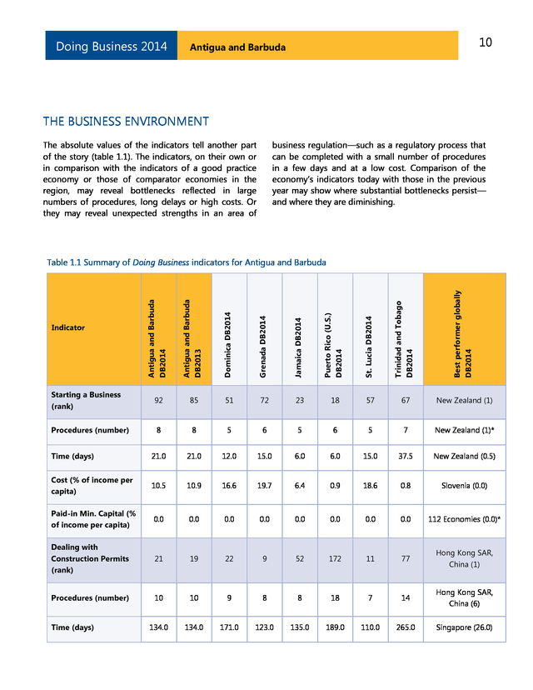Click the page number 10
(486, 42)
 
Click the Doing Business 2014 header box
(111, 46)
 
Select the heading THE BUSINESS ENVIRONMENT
(126, 122)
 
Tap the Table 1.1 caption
(187, 262)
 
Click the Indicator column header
(68, 327)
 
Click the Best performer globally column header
(464, 327)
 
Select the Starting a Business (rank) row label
(86, 400)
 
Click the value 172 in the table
(335, 559)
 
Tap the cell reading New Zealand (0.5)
(464, 457)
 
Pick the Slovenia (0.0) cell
(464, 485)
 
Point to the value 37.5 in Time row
(406, 457)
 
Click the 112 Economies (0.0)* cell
(464, 519)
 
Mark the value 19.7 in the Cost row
(263, 485)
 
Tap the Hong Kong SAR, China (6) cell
(464, 597)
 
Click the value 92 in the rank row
(157, 400)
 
